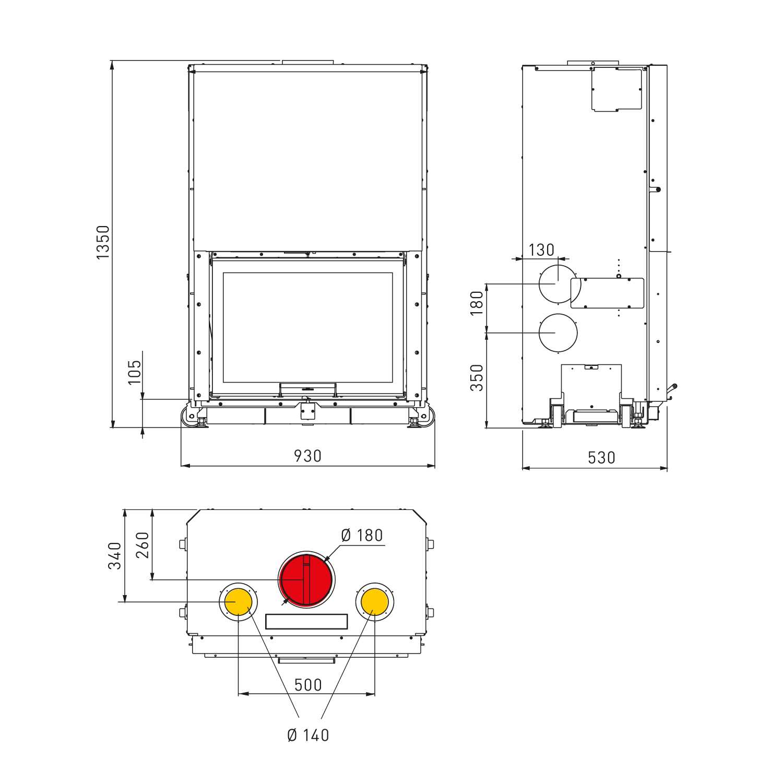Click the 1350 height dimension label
103,242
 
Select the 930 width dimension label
307,456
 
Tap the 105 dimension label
135,372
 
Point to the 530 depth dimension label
601,458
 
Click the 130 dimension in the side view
541,250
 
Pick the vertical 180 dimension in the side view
477,303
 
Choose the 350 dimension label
477,378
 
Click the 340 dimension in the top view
115,555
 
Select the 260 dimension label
143,545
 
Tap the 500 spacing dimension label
308,685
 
